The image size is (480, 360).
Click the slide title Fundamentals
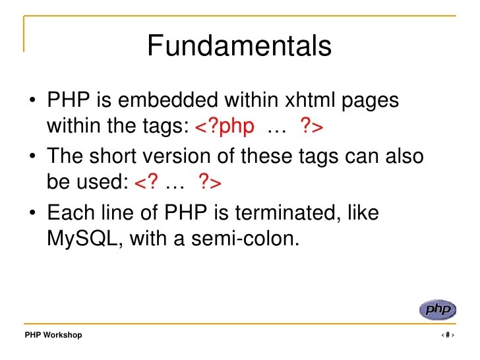click(x=239, y=46)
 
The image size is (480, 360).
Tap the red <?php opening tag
click(x=225, y=126)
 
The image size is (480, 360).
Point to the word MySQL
click(x=84, y=238)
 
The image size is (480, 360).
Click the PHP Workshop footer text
click(x=53, y=335)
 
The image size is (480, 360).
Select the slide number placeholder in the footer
click(x=447, y=335)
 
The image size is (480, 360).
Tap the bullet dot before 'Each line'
click(x=32, y=214)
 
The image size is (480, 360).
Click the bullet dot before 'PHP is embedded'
click(x=32, y=101)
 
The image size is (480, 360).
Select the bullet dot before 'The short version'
click(x=32, y=158)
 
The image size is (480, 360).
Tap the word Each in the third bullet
click(x=71, y=214)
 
